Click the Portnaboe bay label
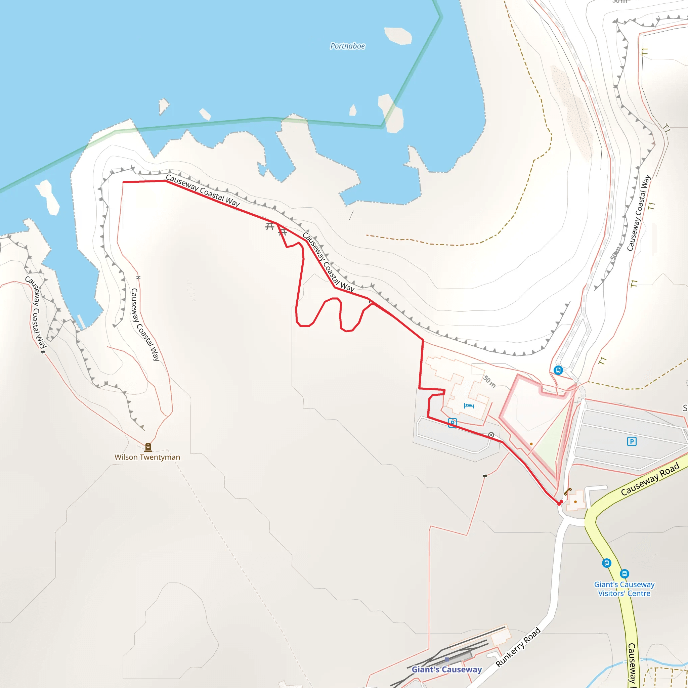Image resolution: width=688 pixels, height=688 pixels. pos(347,46)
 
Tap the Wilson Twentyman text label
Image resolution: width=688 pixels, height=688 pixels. pos(147,457)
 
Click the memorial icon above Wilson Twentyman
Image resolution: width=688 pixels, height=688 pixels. pos(148,447)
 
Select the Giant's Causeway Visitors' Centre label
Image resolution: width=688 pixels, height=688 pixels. pos(624,589)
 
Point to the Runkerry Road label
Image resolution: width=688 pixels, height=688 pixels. pos(518,647)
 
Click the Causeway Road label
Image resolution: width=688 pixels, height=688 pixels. pos(650,479)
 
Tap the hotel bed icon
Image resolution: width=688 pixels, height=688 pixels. pos(469,405)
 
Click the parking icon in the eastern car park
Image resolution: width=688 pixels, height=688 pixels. pos(632,441)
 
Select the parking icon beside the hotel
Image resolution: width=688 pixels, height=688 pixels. pos(452,423)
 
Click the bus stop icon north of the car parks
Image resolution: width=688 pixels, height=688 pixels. pos(558,370)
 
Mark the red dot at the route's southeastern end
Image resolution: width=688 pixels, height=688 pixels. pos(559,503)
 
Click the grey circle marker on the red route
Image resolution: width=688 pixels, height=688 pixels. pos(491,435)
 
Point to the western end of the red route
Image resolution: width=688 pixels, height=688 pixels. pos(123,182)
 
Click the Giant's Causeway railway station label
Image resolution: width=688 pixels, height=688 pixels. pos(446,670)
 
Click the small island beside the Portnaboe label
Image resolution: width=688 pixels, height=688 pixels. pos(398,36)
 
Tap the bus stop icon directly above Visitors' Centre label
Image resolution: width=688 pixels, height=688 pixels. pos(624,574)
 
